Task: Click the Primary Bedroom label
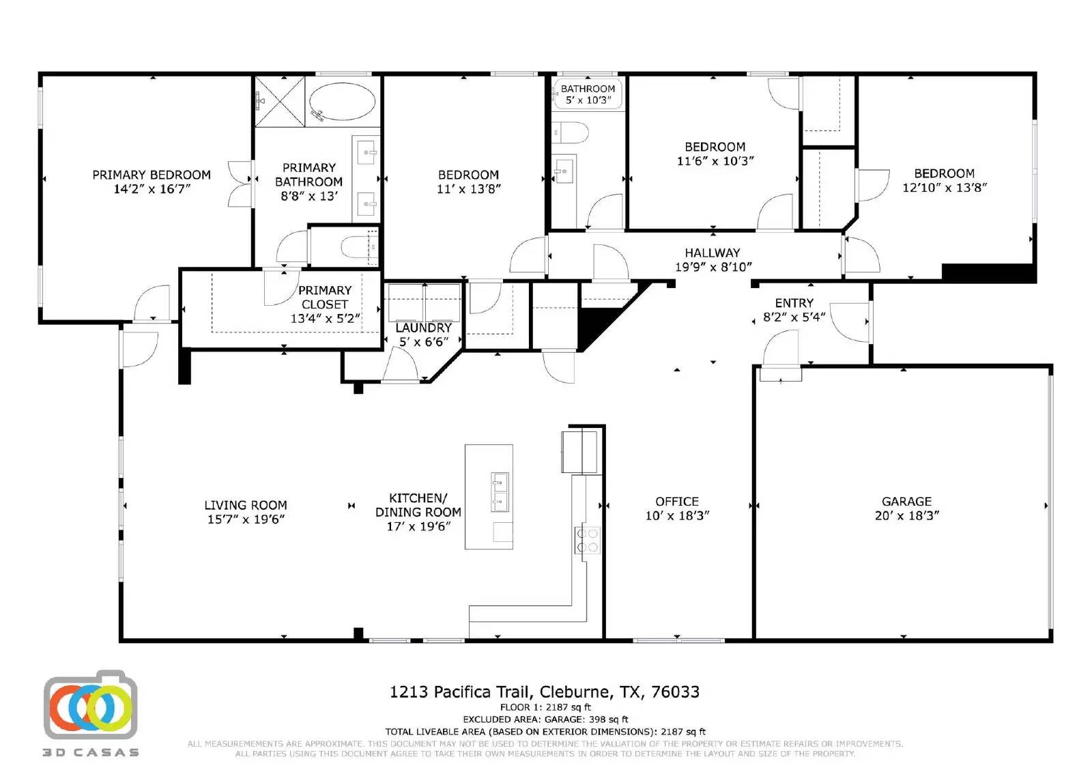152,175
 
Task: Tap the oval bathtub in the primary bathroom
342,102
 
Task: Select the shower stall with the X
280,101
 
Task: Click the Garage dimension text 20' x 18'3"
906,516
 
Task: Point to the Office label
676,502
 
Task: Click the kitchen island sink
500,492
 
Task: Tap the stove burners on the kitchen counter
588,540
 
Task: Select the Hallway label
712,253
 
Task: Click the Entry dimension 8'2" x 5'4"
794,317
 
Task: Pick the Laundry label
423,328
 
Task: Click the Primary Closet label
325,297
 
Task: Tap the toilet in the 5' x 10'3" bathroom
571,132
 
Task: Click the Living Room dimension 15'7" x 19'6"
246,519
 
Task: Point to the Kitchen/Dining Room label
418,505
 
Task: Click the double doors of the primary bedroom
240,184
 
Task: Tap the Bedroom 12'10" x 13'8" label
944,173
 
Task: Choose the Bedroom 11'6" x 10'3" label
715,147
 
